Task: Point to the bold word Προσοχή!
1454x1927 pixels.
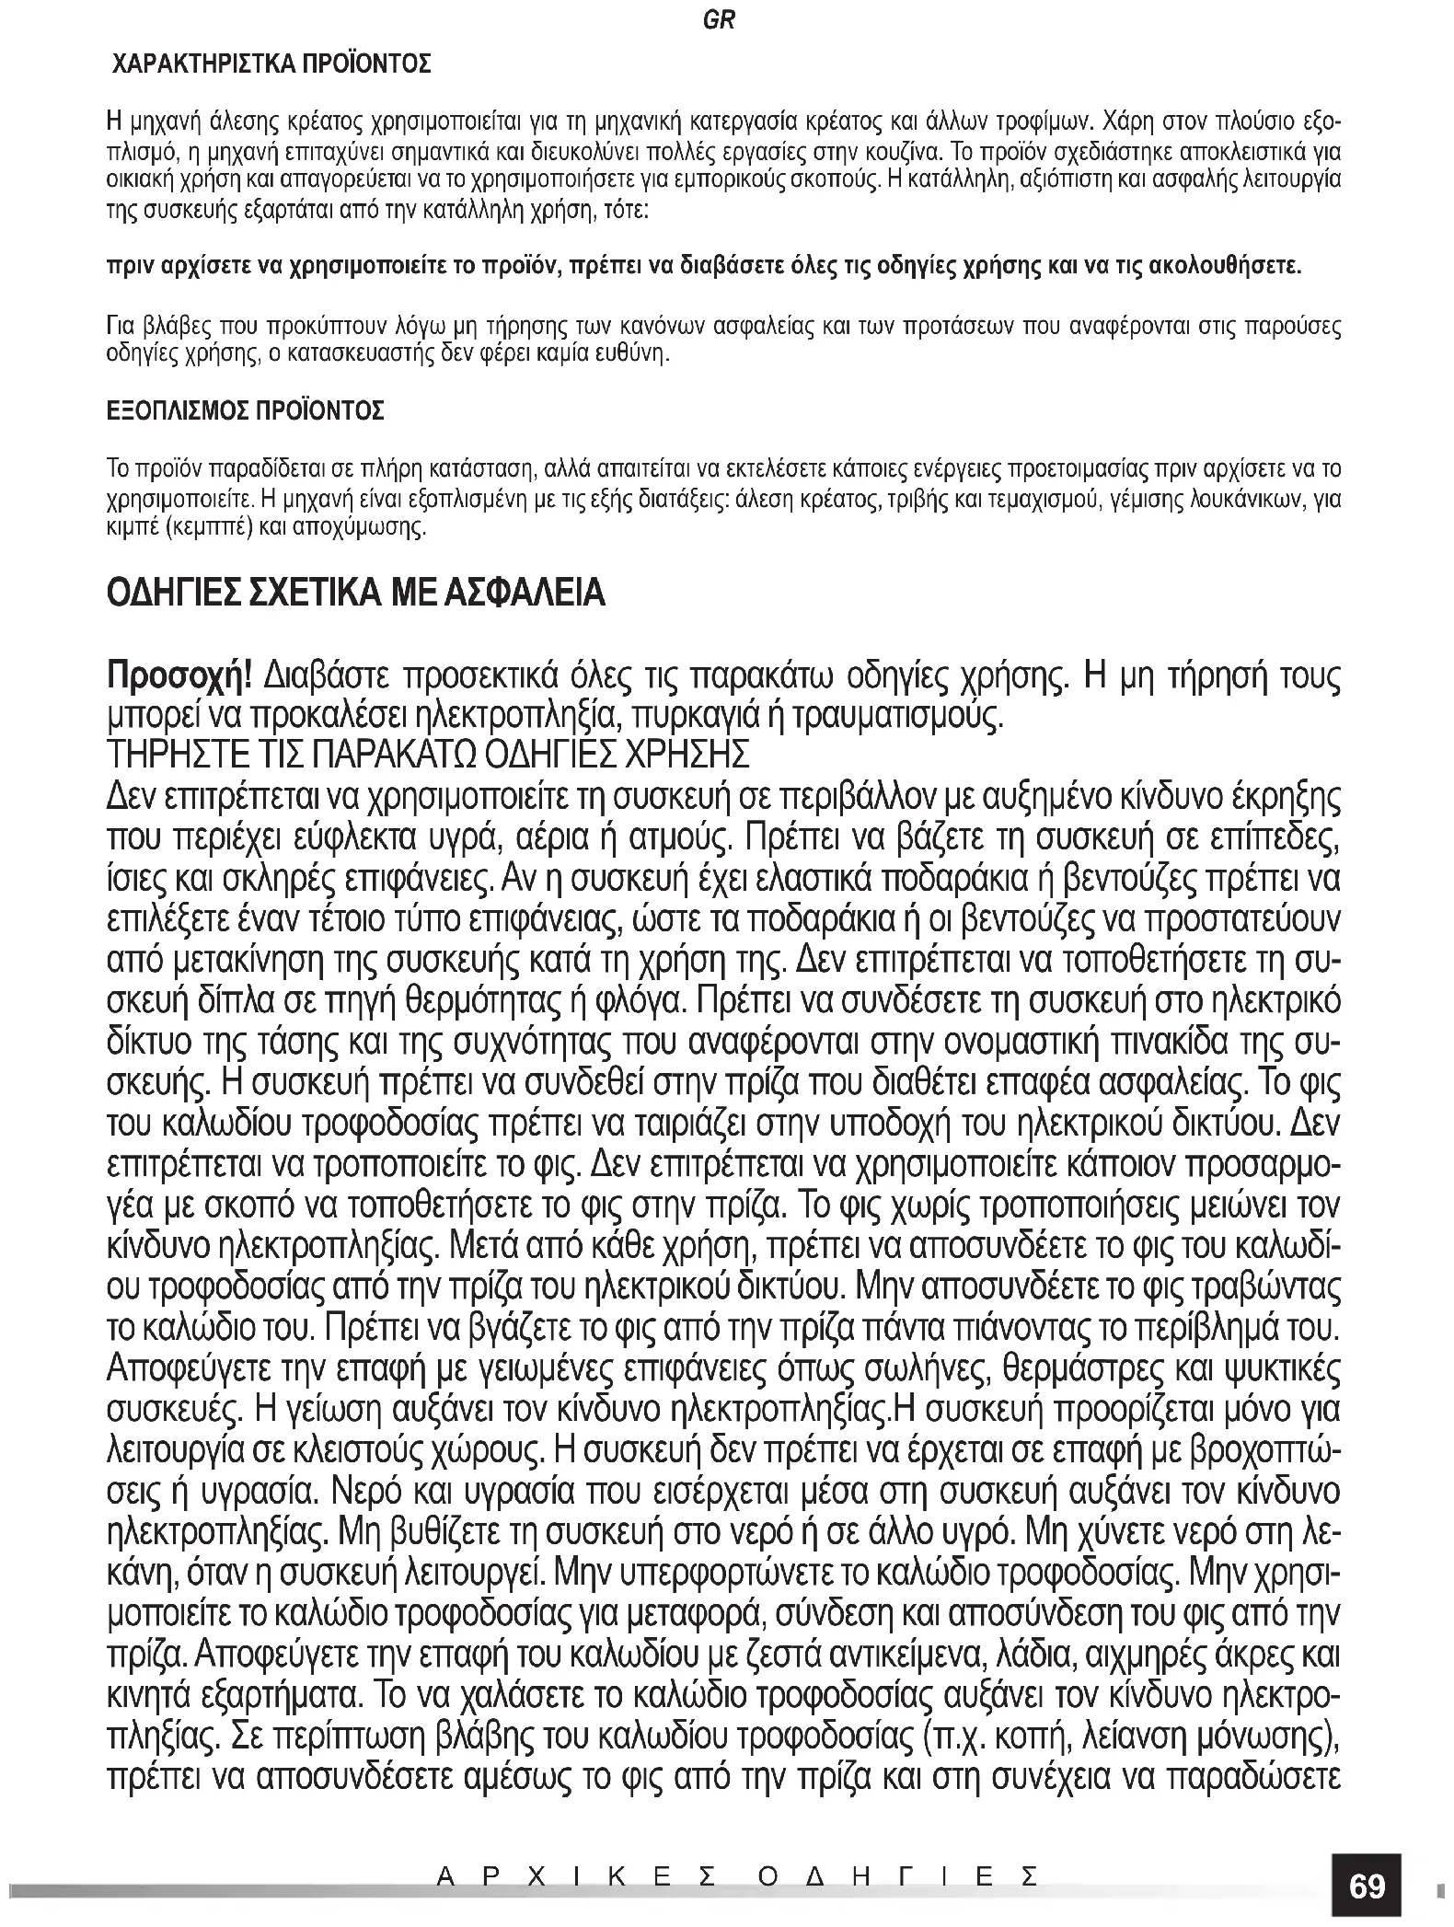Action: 179,678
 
